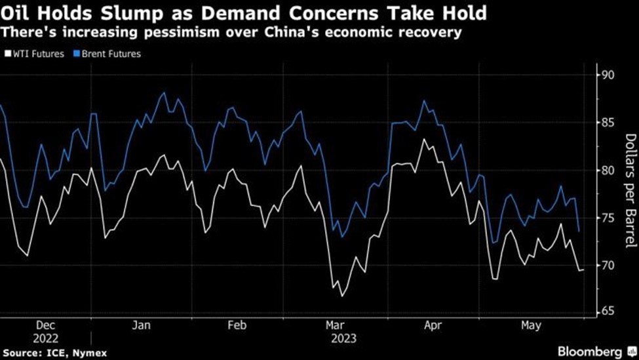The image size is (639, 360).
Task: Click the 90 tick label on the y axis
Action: click(609, 75)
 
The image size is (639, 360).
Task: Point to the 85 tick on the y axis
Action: click(609, 123)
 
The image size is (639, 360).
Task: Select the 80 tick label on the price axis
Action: click(609, 170)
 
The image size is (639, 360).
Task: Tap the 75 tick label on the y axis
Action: click(609, 218)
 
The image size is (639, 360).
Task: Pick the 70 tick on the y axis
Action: click(609, 266)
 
